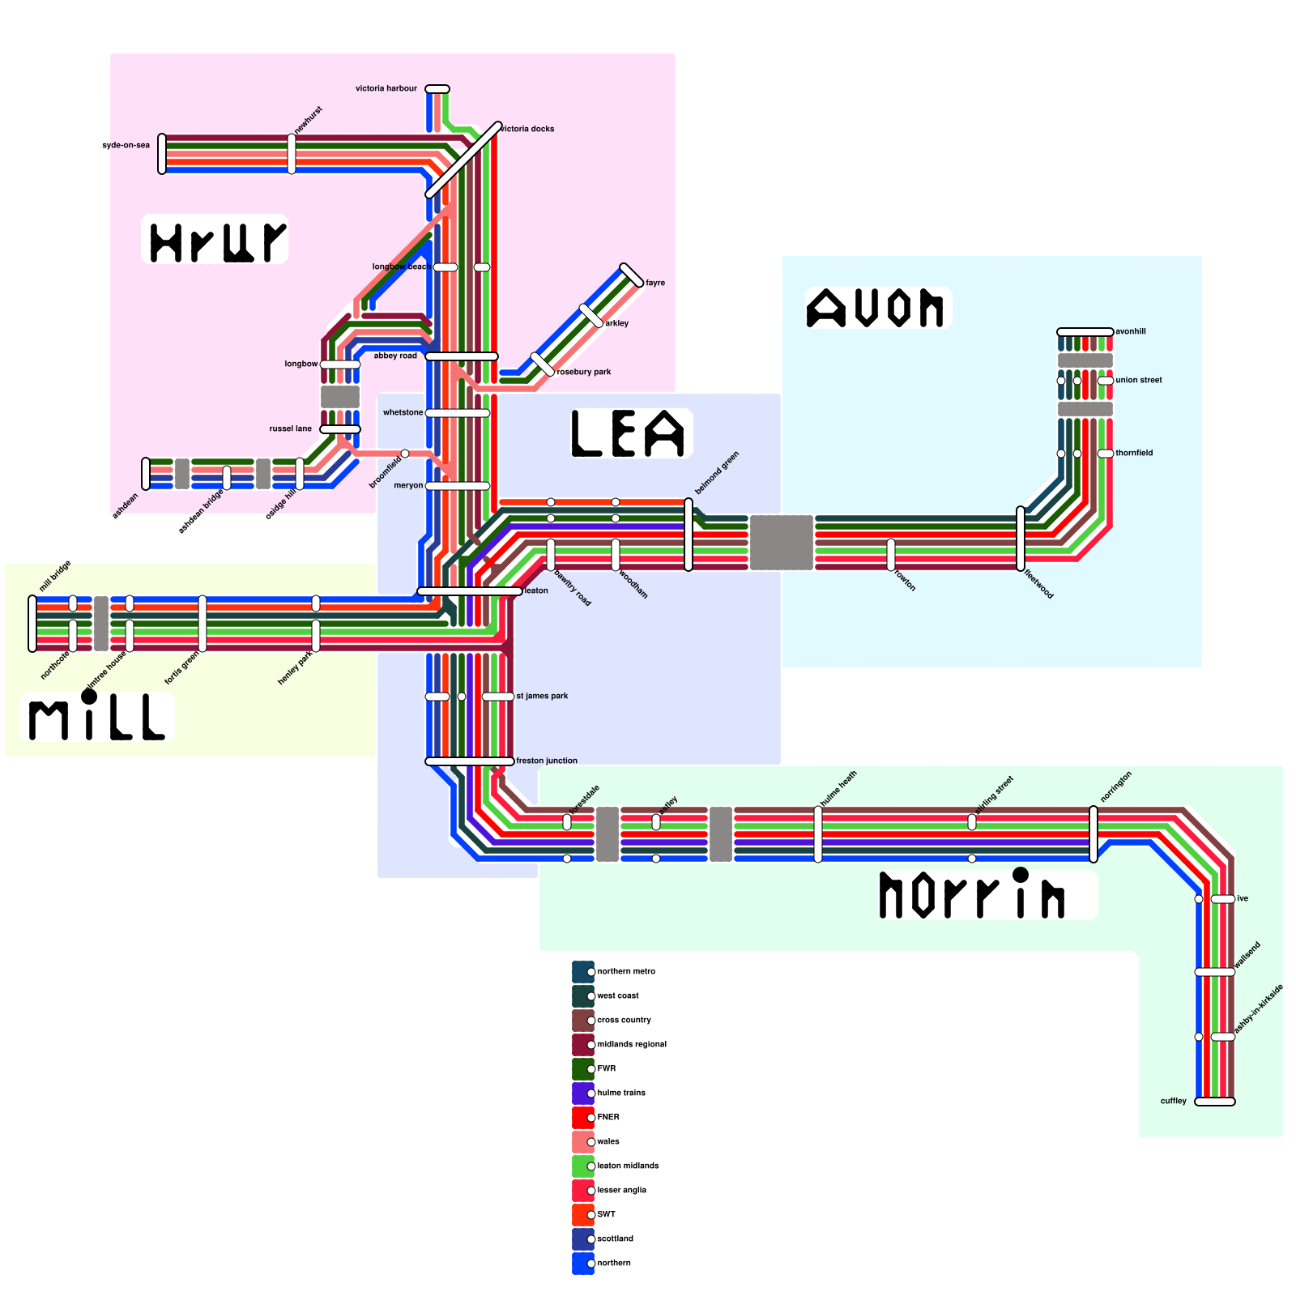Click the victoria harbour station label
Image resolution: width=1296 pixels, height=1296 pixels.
point(386,88)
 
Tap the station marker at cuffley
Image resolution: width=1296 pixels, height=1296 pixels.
point(1215,1102)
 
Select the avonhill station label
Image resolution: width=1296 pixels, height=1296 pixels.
point(1131,331)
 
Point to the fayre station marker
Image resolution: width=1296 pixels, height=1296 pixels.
point(632,275)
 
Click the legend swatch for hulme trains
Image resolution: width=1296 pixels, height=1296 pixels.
point(583,1093)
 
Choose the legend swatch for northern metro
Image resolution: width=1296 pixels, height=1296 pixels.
point(583,972)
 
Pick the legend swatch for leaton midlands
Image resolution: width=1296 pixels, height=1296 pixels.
point(583,1166)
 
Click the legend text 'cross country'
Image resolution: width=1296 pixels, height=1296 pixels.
point(624,1020)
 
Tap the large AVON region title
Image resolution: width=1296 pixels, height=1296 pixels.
point(876,309)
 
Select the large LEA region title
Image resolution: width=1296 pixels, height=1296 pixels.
point(629,433)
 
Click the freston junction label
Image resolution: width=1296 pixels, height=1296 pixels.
point(547,761)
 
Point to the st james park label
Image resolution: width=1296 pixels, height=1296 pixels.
point(542,696)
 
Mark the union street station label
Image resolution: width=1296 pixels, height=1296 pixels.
point(1139,380)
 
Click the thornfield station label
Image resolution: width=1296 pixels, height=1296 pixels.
point(1134,453)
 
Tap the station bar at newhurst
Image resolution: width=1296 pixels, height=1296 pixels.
point(292,154)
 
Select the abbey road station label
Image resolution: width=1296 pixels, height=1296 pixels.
point(395,356)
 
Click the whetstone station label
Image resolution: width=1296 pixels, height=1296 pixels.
point(403,412)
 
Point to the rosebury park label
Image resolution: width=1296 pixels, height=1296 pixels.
point(584,372)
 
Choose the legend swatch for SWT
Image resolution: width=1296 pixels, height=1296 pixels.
point(583,1215)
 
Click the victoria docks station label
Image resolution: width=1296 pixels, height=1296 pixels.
point(527,129)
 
